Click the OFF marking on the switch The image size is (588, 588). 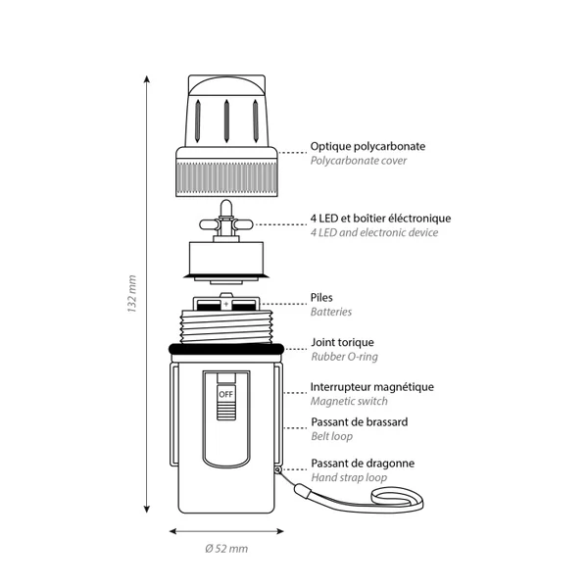225,394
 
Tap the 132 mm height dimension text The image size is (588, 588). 131,294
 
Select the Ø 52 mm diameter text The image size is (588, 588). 226,549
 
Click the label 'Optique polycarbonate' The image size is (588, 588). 367,146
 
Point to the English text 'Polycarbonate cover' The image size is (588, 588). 358,161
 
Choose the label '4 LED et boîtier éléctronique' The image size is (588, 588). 380,218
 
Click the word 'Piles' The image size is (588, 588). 321,297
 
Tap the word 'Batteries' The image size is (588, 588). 331,312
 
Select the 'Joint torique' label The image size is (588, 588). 342,342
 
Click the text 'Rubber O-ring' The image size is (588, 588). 344,357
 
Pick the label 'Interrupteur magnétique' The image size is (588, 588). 372,387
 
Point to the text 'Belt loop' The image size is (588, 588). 331,436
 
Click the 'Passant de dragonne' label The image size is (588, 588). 363,464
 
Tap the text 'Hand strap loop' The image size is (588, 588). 349,478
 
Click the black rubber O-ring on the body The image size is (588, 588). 226,349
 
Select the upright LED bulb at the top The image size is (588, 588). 225,209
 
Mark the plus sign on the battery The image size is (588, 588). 225,304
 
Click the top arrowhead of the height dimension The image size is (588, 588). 147,78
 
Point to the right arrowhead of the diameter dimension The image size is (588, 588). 280,531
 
